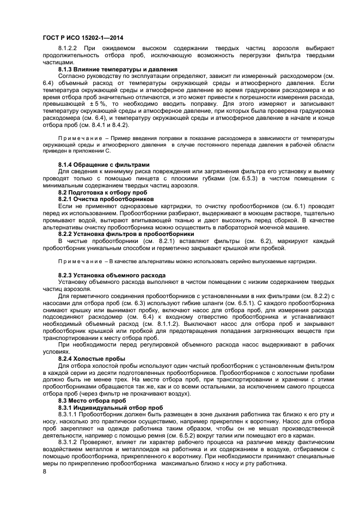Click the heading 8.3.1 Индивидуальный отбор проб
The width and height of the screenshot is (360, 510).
(x=111, y=407)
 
